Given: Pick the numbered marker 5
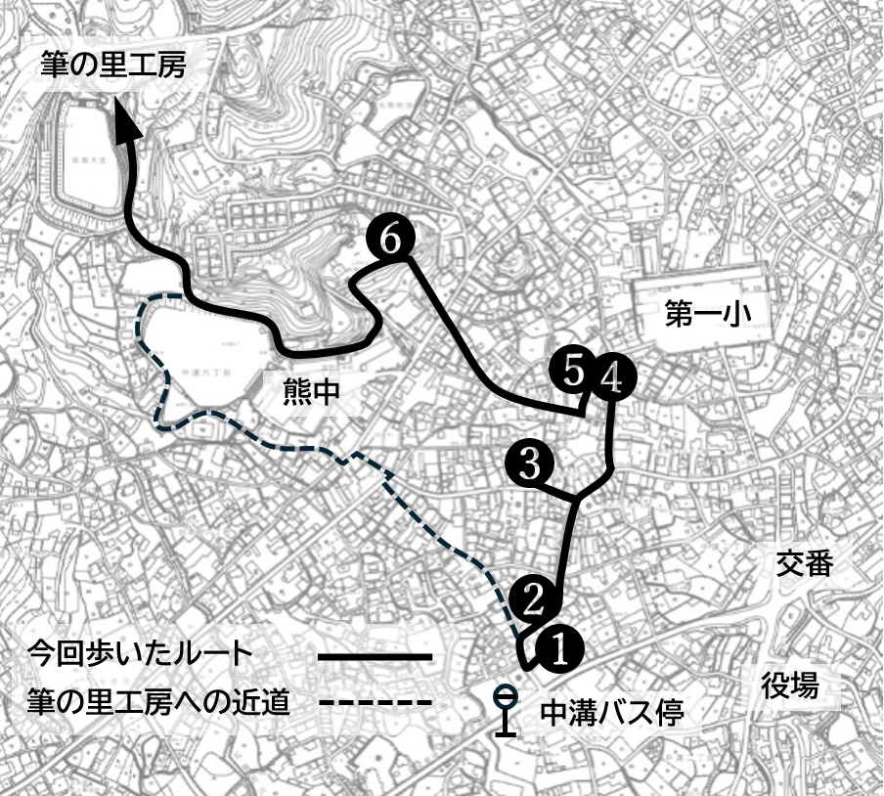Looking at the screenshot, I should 573,370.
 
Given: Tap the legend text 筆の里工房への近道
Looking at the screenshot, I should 159,702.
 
